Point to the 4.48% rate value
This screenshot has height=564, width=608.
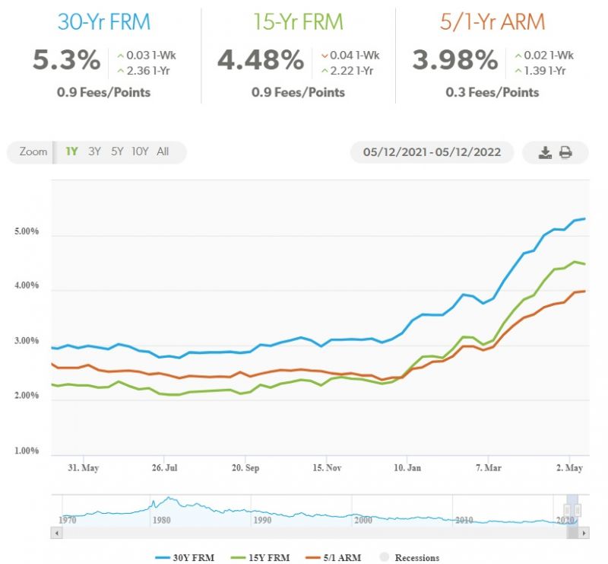pyautogui.click(x=260, y=60)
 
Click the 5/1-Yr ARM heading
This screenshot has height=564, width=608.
pyautogui.click(x=492, y=21)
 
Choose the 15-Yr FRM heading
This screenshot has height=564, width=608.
pyautogui.click(x=298, y=21)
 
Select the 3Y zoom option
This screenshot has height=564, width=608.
pyautogui.click(x=94, y=151)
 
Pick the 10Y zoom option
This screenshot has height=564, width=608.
pyautogui.click(x=140, y=151)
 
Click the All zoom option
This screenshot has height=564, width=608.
pyautogui.click(x=163, y=151)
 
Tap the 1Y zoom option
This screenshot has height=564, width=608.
pyautogui.click(x=71, y=151)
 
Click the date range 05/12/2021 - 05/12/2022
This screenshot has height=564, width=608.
pyautogui.click(x=432, y=152)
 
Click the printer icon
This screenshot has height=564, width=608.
pyautogui.click(x=566, y=152)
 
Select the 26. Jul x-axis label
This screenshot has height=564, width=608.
pyautogui.click(x=164, y=468)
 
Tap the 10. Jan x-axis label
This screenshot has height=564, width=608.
pyautogui.click(x=407, y=468)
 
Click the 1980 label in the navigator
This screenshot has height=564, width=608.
pyautogui.click(x=162, y=520)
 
